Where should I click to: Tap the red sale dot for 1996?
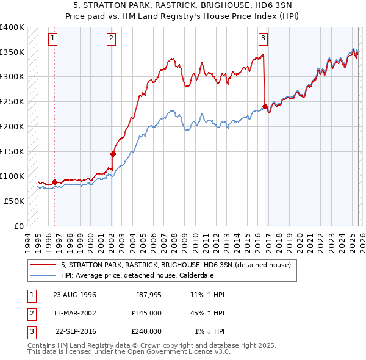tap(54, 182)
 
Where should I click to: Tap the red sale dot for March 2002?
tap(113, 154)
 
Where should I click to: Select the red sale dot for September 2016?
tap(265, 106)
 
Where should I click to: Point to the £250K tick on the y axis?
tap(13, 101)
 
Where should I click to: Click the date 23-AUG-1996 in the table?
tap(74, 295)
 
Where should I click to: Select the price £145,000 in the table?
tap(146, 313)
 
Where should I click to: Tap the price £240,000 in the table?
tap(146, 331)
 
